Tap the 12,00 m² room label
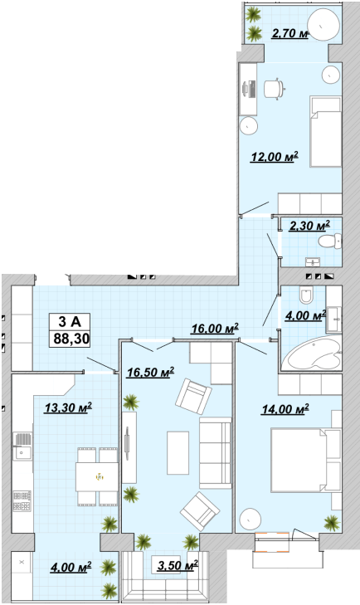[x=275, y=157]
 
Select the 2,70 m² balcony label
[x=289, y=33]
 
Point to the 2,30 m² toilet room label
[x=309, y=226]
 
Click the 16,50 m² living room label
[x=150, y=372]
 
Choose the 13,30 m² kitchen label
[x=68, y=407]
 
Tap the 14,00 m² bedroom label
[x=285, y=409]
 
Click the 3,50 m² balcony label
[x=178, y=566]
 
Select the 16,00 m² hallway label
[x=215, y=329]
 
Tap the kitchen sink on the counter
[x=22, y=446]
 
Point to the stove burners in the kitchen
[x=22, y=500]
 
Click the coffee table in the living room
[x=178, y=453]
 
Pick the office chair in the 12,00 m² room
[x=275, y=89]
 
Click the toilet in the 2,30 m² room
[x=330, y=242]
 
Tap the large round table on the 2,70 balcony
[x=325, y=25]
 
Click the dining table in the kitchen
[x=97, y=476]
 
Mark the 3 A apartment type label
[x=70, y=321]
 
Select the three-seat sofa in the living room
[x=216, y=453]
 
